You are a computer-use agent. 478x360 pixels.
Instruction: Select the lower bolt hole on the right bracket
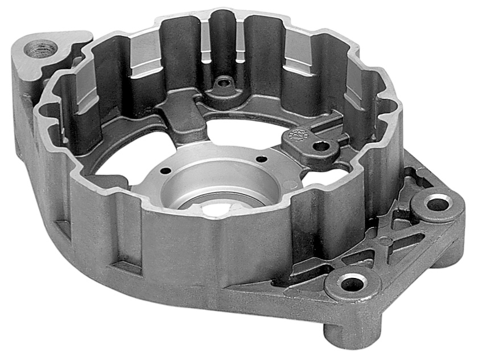[353, 281]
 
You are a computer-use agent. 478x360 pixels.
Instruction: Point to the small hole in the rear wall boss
[224, 83]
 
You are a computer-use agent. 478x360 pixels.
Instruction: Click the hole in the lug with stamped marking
[322, 146]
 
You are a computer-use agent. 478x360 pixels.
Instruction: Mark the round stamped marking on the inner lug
[296, 134]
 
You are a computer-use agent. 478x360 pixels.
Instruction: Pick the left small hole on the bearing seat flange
[165, 170]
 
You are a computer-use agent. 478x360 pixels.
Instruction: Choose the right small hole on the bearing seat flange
[261, 159]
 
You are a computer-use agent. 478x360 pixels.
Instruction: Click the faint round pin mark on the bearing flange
[289, 184]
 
